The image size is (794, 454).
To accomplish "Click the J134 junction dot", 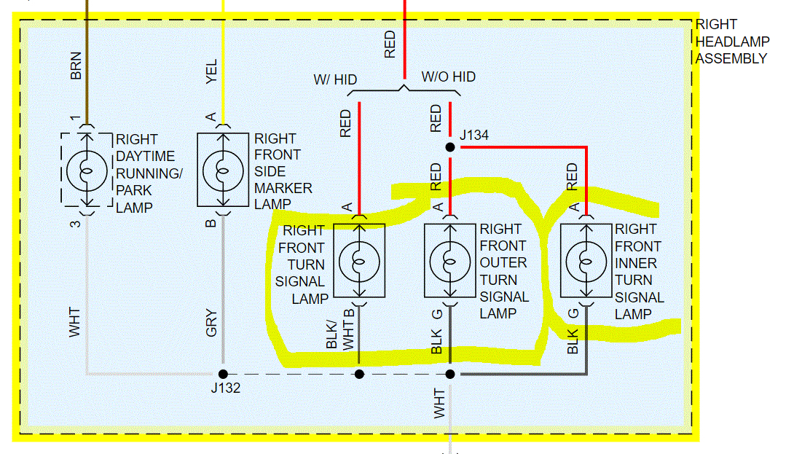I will point(450,147).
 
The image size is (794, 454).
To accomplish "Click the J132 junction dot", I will point(223,374).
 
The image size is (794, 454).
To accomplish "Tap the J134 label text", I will point(473,136).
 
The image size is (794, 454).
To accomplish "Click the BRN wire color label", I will point(76,65).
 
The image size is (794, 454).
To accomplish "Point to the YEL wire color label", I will point(212,72).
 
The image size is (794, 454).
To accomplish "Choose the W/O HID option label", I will point(448,77).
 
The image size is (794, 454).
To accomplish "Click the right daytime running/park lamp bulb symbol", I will point(87,171).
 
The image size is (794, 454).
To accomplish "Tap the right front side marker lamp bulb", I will point(223,171).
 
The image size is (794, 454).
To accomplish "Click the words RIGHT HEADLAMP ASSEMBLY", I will point(731,42).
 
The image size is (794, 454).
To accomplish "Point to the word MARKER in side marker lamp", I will point(283,188).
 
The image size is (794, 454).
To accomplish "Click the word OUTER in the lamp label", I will point(503,262).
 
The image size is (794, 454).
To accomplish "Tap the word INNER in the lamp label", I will point(636,263).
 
